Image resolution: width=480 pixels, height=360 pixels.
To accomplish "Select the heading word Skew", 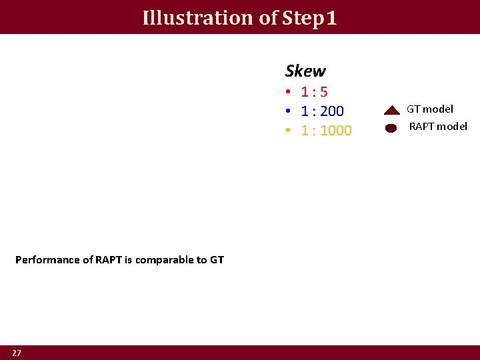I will point(305,71).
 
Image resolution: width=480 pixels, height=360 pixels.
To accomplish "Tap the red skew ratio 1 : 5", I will point(314,92).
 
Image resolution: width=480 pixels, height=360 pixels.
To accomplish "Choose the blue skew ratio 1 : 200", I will point(322,111).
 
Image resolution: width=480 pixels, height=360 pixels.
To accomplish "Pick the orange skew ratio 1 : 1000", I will point(326,131).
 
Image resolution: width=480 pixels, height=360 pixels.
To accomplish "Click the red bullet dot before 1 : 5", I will point(287,92).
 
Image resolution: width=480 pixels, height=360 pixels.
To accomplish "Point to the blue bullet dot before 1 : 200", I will point(287,111).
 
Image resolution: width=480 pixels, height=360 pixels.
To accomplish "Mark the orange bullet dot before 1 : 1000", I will point(287,131).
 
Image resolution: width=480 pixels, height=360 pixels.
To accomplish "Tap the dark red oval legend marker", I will point(391,128).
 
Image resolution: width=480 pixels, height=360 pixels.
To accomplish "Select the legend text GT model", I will point(430,109).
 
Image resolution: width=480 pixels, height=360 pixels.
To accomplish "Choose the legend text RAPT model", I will point(438,126).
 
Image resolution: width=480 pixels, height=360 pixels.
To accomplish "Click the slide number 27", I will point(17,353).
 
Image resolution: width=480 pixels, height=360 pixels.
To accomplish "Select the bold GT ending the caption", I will point(217,260).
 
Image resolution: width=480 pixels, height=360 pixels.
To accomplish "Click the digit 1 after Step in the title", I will point(331,17).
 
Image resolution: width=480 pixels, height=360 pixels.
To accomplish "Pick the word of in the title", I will point(268,17).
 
